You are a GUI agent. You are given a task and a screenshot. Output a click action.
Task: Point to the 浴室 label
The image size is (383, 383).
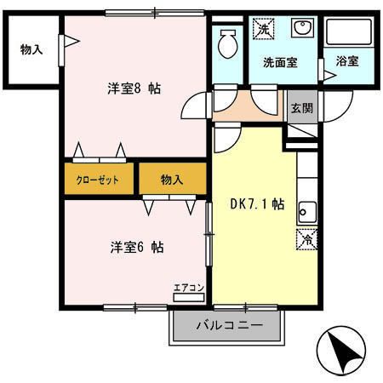pos(347,62)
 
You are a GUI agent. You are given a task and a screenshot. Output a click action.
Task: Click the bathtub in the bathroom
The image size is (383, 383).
pos(350,35)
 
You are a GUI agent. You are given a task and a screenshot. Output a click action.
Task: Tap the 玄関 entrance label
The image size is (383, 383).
pos(301,107)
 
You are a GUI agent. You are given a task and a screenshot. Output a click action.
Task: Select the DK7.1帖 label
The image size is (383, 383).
pos(257,206)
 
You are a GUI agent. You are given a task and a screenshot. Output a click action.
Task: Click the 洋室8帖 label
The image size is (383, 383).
pos(134,89)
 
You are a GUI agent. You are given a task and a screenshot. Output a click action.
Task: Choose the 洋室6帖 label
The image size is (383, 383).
pos(136,248)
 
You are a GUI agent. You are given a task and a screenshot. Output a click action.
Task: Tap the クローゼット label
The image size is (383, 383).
pos(97,180)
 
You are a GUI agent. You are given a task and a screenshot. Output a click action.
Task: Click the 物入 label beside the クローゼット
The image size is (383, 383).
pos(173,180)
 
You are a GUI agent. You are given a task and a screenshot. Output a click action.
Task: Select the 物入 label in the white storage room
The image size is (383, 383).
pos(31,49)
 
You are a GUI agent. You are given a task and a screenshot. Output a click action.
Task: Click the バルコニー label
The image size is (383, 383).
pos(226,324)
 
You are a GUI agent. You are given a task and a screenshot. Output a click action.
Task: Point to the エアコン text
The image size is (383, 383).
pos(188,287)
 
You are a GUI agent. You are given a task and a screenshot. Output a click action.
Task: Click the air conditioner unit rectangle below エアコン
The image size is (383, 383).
pos(188,298)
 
